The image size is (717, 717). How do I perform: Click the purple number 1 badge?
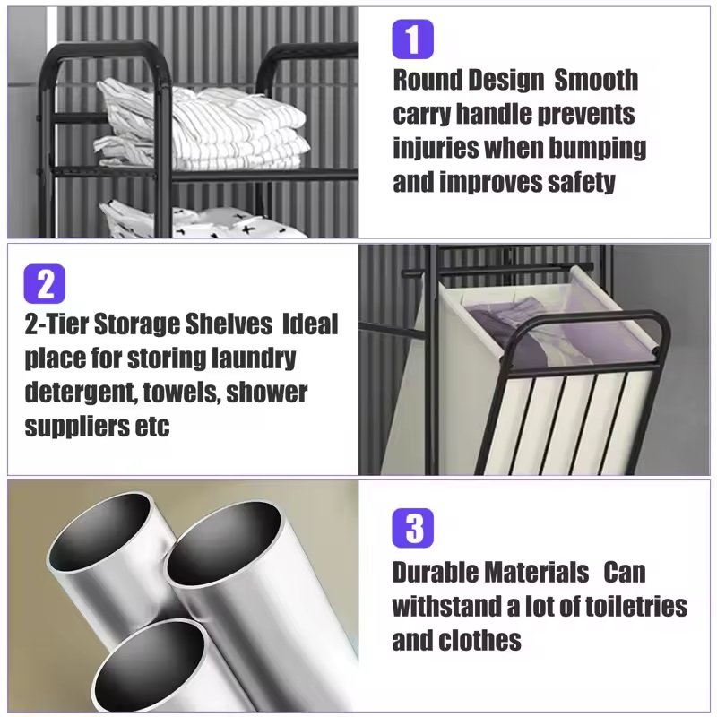(x=412, y=39)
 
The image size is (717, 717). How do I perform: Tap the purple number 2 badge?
(x=45, y=283)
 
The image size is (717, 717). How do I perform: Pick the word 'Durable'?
(x=436, y=572)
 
